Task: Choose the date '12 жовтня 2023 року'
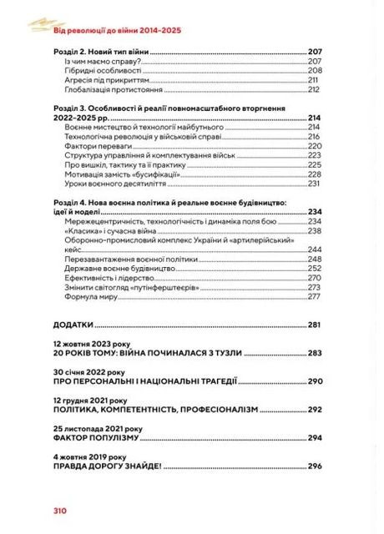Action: click(91, 344)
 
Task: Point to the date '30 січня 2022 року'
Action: click(88, 372)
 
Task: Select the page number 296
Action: click(314, 466)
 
